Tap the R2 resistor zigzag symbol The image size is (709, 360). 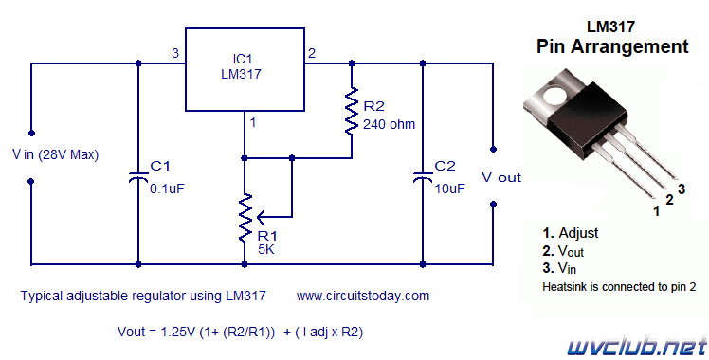[352, 111]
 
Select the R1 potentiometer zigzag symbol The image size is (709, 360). [245, 218]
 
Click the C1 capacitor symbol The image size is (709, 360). [138, 177]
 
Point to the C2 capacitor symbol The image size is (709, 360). [423, 177]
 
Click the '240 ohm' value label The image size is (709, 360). [389, 124]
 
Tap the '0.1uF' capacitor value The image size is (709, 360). [167, 189]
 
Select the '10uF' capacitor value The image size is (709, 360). [449, 189]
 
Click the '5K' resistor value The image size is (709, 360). [266, 249]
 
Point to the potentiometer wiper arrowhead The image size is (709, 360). [262, 218]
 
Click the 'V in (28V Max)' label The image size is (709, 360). [55, 155]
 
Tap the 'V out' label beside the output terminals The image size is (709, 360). [501, 177]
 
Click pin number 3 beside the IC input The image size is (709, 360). [175, 53]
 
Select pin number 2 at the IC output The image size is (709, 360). [312, 53]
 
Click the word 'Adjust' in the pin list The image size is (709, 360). [578, 233]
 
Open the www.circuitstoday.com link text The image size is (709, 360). [363, 296]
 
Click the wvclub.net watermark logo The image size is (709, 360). [637, 348]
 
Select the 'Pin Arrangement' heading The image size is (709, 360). [612, 46]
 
